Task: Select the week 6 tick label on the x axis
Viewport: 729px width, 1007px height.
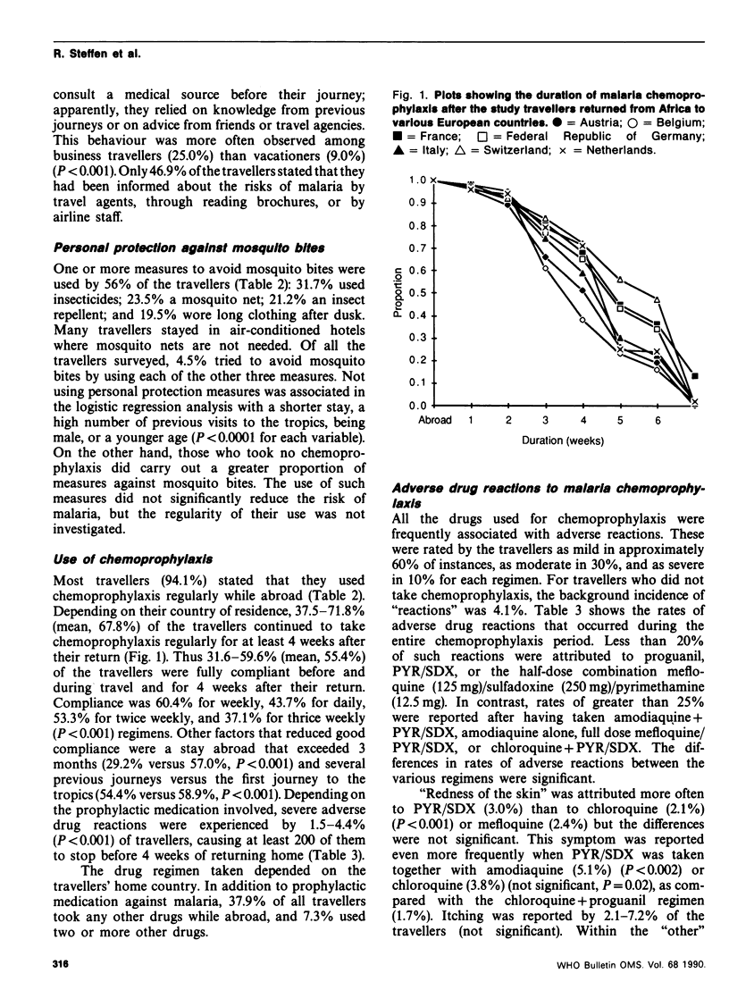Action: tap(658, 420)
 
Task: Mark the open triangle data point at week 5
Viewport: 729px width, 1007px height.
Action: tap(620, 281)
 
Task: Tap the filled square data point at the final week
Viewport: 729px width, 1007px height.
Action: tap(695, 376)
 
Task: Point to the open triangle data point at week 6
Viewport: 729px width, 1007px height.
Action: tap(658, 298)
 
